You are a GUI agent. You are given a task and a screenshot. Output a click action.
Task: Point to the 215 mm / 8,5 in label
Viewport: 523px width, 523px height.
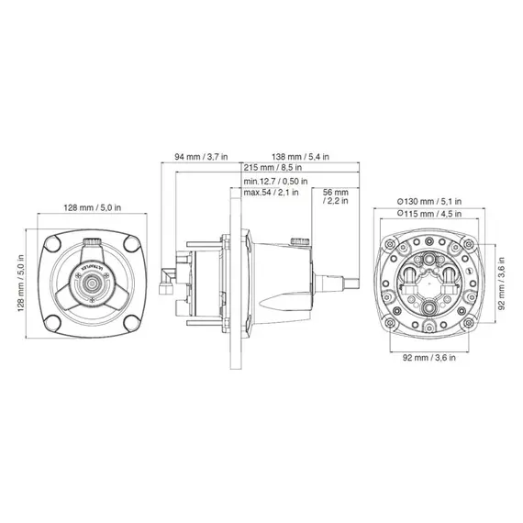pyautogui.click(x=276, y=169)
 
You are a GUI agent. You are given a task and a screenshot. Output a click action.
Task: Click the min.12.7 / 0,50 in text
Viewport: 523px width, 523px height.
pyautogui.click(x=278, y=182)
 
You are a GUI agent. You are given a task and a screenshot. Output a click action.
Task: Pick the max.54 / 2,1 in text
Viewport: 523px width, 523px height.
pyautogui.click(x=273, y=194)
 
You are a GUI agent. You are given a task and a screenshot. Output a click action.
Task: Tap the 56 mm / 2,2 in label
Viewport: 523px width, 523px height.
pyautogui.click(x=336, y=196)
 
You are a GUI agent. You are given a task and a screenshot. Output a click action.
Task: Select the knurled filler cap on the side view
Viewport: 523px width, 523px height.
pyautogui.click(x=296, y=242)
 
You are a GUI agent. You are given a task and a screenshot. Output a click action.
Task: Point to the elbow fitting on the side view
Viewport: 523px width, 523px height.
pyautogui.click(x=168, y=284)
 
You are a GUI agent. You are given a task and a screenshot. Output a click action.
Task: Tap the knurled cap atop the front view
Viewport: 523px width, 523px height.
pyautogui.click(x=93, y=243)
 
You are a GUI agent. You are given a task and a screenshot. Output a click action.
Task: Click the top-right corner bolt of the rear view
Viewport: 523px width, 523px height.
pyautogui.click(x=468, y=245)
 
